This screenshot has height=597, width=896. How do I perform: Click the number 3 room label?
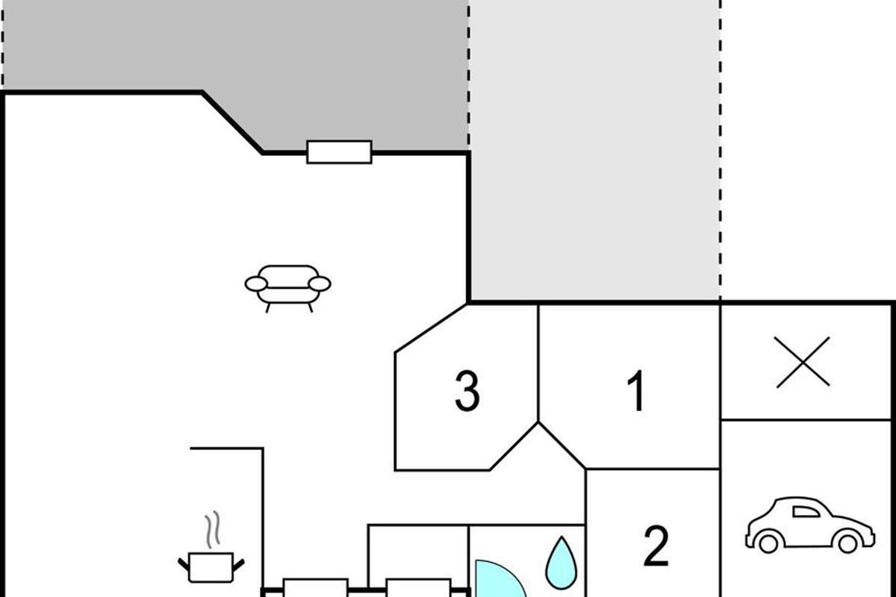pyautogui.click(x=467, y=393)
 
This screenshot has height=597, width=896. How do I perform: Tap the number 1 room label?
pyautogui.click(x=636, y=392)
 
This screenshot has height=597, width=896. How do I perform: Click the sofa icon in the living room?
pyautogui.click(x=288, y=287)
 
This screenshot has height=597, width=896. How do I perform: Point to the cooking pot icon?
pyautogui.click(x=211, y=566)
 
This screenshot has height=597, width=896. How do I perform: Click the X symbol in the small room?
pyautogui.click(x=803, y=362)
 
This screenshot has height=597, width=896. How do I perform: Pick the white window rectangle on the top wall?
pyautogui.click(x=340, y=152)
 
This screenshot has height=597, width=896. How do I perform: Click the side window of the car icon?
pyautogui.click(x=806, y=511)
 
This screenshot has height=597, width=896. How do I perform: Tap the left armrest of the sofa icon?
pyautogui.click(x=255, y=284)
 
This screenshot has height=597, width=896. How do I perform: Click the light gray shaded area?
pyautogui.click(x=594, y=149)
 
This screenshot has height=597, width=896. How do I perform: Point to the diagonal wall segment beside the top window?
pyautogui.click(x=232, y=122)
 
